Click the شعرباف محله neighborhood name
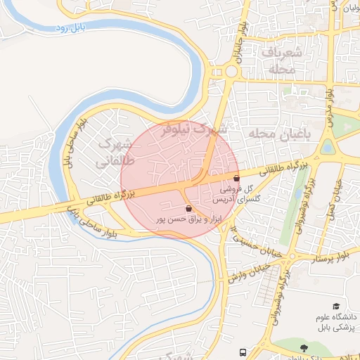pyautogui.click(x=284, y=61)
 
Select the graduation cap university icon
pyautogui.click(x=336, y=307)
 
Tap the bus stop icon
pyautogui.click(x=243, y=352)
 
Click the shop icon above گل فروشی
pyautogui.click(x=236, y=179)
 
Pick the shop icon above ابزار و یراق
pyautogui.click(x=188, y=209)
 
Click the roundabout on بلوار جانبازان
pyautogui.click(x=230, y=71)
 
